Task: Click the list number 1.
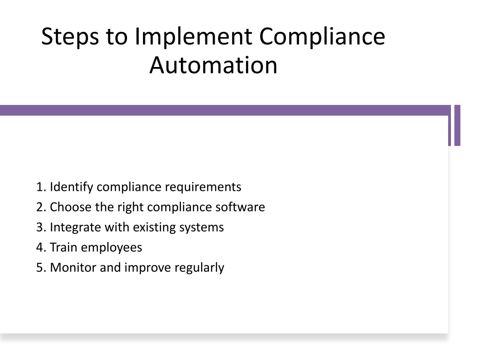[x=41, y=187]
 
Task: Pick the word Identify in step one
[x=72, y=187]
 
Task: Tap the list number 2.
[x=41, y=207]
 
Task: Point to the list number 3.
[x=41, y=227]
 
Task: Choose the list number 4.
[x=41, y=247]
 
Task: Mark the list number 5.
[x=41, y=268]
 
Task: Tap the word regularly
[x=199, y=268]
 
